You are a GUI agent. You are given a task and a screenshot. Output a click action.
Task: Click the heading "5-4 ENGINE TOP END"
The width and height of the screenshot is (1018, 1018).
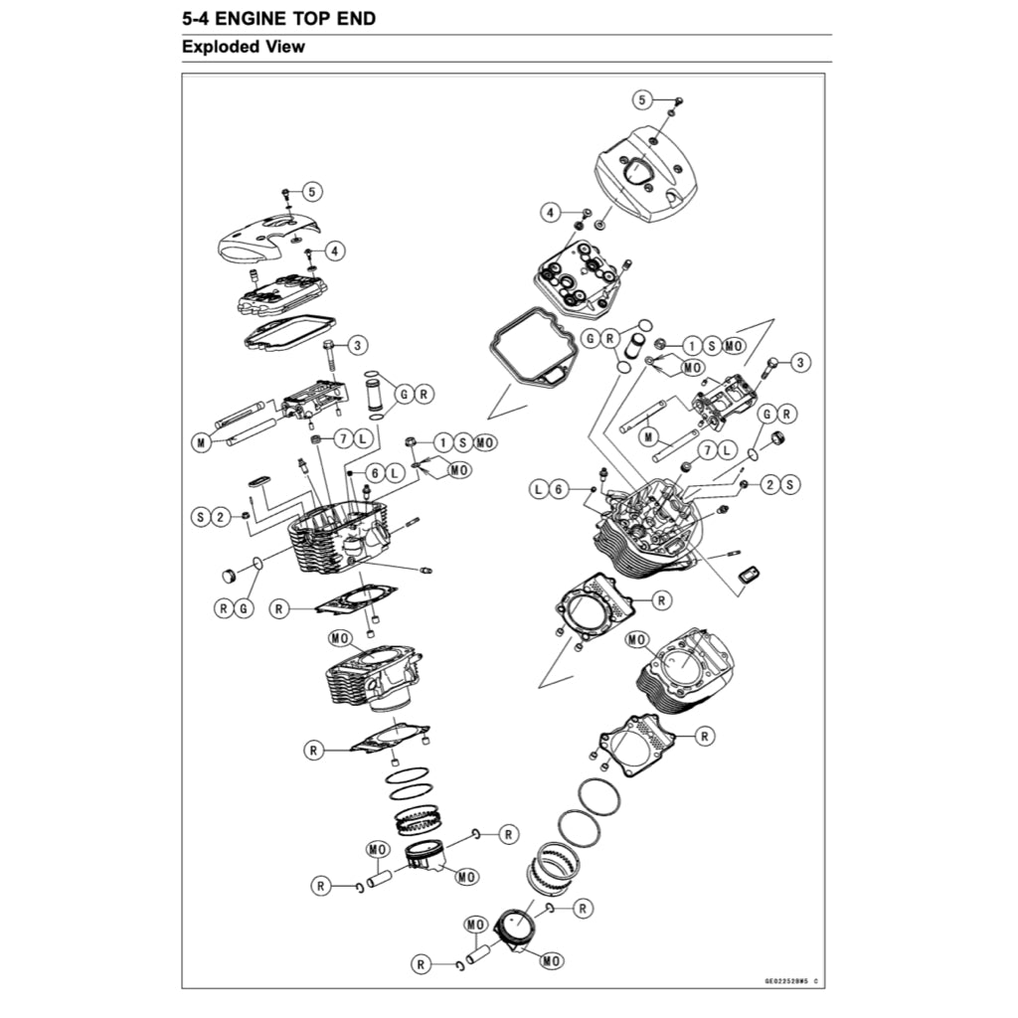tap(279, 19)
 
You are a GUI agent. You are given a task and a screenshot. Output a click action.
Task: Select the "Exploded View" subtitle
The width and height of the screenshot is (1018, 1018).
tap(244, 47)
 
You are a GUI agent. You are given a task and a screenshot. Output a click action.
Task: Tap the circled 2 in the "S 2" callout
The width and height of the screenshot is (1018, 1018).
tap(222, 517)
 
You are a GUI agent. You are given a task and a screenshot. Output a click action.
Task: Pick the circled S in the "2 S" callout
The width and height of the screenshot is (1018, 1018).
tap(789, 484)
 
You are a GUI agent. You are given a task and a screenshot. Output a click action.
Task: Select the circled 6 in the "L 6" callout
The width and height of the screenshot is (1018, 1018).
tap(559, 488)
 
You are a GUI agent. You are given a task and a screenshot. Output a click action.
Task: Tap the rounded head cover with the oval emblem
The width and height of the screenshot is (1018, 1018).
tap(645, 175)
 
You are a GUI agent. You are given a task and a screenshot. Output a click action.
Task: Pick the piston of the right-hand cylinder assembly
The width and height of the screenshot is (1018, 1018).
tap(516, 933)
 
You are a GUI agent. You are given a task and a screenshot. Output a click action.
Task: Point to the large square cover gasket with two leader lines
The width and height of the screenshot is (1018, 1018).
tap(527, 350)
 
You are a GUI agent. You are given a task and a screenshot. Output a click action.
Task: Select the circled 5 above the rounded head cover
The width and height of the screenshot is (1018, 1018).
tap(642, 98)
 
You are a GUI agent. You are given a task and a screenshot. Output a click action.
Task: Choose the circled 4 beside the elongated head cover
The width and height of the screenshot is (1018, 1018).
tap(334, 252)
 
